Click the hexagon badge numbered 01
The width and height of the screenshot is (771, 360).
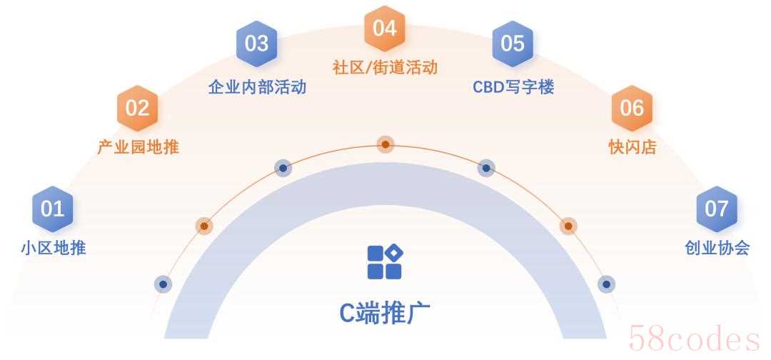[52, 209]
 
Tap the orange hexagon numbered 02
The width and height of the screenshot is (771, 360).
[136, 108]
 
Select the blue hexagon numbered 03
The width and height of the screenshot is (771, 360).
[256, 43]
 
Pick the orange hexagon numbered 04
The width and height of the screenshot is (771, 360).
[384, 28]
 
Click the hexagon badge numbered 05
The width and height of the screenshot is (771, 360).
[512, 43]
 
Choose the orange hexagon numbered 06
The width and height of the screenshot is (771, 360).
[632, 108]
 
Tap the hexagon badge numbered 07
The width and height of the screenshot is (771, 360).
[716, 209]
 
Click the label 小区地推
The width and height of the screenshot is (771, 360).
[53, 249]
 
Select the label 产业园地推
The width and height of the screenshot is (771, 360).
[138, 148]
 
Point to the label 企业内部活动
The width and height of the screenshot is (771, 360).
[257, 87]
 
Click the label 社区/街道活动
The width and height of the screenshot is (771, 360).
[385, 67]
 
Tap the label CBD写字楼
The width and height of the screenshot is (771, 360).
[513, 87]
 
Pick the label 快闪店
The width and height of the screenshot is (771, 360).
[632, 148]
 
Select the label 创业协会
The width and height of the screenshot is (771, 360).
[717, 249]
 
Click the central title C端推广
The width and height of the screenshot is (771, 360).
[385, 312]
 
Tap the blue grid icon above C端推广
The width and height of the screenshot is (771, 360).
[385, 261]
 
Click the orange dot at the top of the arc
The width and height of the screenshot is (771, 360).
[385, 144]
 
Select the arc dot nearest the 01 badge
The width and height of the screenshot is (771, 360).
[163, 284]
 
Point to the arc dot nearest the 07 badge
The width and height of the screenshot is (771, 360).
[607, 284]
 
